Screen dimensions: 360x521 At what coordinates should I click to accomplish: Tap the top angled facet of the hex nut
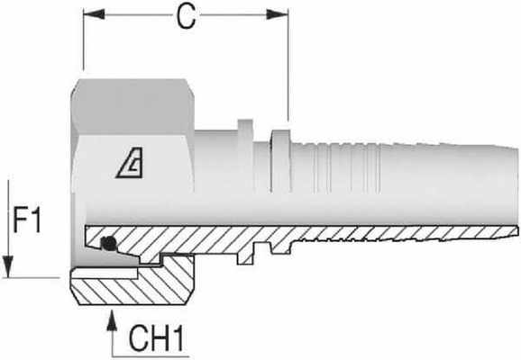coord(135,94)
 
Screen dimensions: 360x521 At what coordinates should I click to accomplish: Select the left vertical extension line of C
coord(83,45)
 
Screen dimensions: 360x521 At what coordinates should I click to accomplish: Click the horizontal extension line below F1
coord(36,278)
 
